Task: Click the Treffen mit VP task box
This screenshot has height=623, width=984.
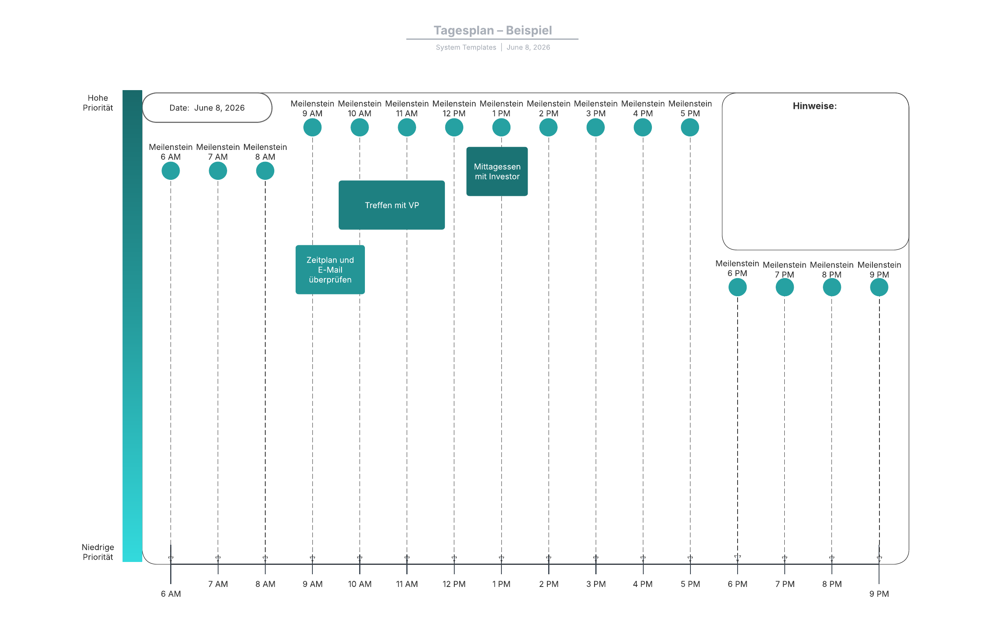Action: coord(392,205)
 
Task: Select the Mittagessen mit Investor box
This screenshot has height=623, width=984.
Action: coord(497,171)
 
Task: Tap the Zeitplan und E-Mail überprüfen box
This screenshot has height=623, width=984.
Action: coord(330,270)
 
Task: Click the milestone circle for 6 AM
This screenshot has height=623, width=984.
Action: coord(171,171)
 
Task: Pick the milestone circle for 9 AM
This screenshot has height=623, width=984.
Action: coord(312,127)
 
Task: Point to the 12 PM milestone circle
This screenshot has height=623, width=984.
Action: coord(454,127)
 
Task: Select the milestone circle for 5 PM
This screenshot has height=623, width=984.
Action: coord(690,127)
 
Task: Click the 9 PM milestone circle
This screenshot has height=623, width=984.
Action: coord(879,287)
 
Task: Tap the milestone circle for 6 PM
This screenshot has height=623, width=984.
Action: coord(738,287)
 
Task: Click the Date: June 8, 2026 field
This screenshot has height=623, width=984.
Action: coord(207,108)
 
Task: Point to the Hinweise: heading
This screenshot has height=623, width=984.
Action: coord(815,106)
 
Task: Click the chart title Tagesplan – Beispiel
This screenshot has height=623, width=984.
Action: coord(493,30)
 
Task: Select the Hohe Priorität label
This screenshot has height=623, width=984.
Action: coord(98,103)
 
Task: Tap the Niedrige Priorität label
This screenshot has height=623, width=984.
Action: coord(98,552)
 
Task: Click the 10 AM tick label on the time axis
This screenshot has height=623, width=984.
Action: coord(360,584)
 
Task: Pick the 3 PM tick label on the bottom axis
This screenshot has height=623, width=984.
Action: coord(596,584)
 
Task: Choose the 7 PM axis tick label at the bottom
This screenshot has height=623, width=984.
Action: coord(785,584)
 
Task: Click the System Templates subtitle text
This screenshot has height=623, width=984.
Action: coord(466,48)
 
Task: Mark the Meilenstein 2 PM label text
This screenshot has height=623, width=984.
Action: coord(549,109)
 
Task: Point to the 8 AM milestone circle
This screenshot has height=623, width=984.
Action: coord(265,171)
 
